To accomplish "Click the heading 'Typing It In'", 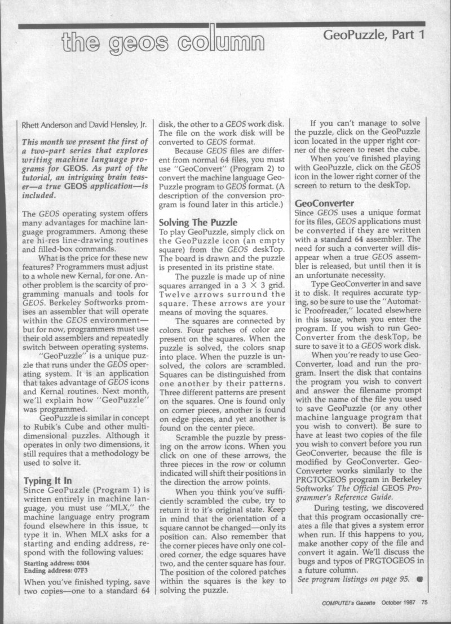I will pos(48,481).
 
